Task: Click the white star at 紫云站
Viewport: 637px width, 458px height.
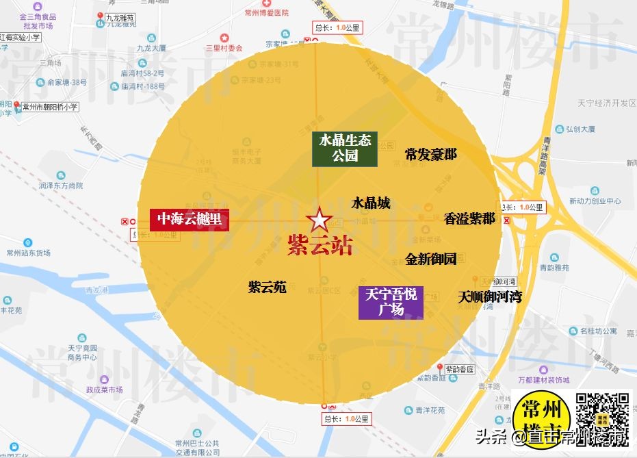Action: click(x=319, y=222)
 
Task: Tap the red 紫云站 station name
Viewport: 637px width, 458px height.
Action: click(x=320, y=246)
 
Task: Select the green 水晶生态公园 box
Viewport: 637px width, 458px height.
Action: click(x=345, y=149)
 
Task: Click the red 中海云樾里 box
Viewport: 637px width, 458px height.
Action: click(x=190, y=219)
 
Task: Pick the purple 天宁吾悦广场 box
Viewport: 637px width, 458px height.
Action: click(x=391, y=303)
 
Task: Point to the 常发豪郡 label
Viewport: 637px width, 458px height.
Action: click(x=430, y=155)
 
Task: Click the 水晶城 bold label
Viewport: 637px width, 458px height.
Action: click(x=371, y=203)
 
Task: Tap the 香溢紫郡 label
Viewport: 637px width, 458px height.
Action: click(x=469, y=219)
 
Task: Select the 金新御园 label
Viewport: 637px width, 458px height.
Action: click(x=430, y=259)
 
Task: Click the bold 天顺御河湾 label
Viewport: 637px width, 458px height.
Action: click(x=490, y=297)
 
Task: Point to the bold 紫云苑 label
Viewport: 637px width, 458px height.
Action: click(x=268, y=287)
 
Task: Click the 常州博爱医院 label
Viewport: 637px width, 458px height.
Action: click(x=267, y=12)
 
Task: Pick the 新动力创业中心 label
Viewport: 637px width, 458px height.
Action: click(x=595, y=201)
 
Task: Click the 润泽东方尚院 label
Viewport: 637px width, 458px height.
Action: click(x=60, y=186)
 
